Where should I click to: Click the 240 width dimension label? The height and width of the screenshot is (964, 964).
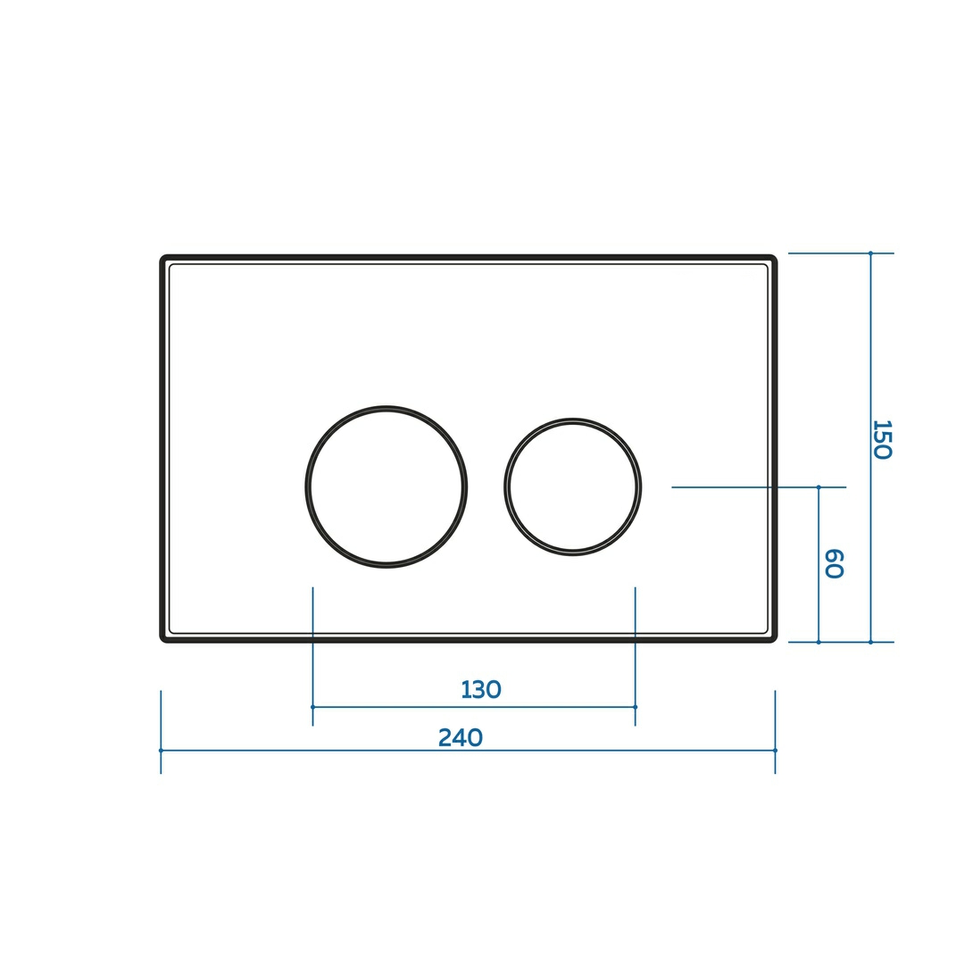coord(461,737)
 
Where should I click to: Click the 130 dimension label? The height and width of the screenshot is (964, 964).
coord(481,690)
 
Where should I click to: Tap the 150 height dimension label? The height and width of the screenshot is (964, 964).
coord(882,439)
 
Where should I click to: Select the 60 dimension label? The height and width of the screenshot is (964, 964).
coord(834,563)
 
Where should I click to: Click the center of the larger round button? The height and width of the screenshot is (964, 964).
coord(386,487)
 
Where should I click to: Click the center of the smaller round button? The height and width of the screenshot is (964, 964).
coord(573,487)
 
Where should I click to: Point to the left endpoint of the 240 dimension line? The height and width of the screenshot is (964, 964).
coord(161,750)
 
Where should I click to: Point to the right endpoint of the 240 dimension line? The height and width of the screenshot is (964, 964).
coord(776,750)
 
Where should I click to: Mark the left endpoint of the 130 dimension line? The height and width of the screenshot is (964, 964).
coord(313,707)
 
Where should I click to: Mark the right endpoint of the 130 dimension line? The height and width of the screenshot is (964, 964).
coord(636,707)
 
